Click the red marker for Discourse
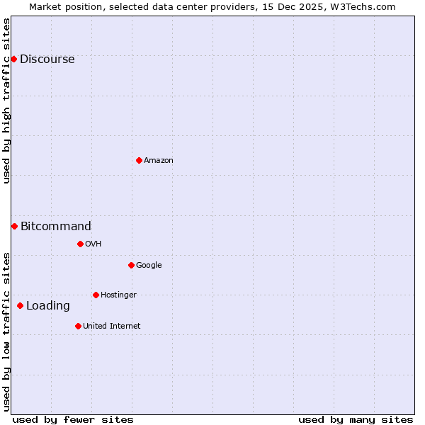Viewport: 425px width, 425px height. pyautogui.click(x=13, y=59)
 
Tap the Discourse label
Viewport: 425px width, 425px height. pyautogui.click(x=47, y=59)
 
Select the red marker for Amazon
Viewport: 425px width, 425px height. pyautogui.click(x=139, y=160)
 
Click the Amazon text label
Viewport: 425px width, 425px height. pyautogui.click(x=159, y=161)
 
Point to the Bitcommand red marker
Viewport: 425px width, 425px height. pyautogui.click(x=14, y=226)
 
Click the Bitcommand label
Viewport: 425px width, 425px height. pyautogui.click(x=56, y=227)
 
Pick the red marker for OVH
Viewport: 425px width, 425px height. pyautogui.click(x=80, y=244)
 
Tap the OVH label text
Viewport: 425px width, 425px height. pyautogui.click(x=93, y=244)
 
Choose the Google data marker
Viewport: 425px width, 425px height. pyautogui.click(x=131, y=265)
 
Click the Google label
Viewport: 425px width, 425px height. pyautogui.click(x=149, y=266)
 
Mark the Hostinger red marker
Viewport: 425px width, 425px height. pyautogui.click(x=96, y=295)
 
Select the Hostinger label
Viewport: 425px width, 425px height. pyautogui.click(x=118, y=295)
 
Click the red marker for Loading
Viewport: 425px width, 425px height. pyautogui.click(x=20, y=305)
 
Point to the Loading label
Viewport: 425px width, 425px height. pyautogui.click(x=48, y=306)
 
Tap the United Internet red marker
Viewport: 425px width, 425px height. pyautogui.click(x=78, y=326)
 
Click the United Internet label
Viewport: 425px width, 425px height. pyautogui.click(x=112, y=327)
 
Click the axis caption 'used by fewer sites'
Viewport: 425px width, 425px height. pyautogui.click(x=73, y=419)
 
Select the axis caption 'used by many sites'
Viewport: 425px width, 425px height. pyautogui.click(x=356, y=419)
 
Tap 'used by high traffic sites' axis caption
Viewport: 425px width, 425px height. pyautogui.click(x=7, y=101)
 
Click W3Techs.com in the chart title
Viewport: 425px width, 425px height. pyautogui.click(x=361, y=6)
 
